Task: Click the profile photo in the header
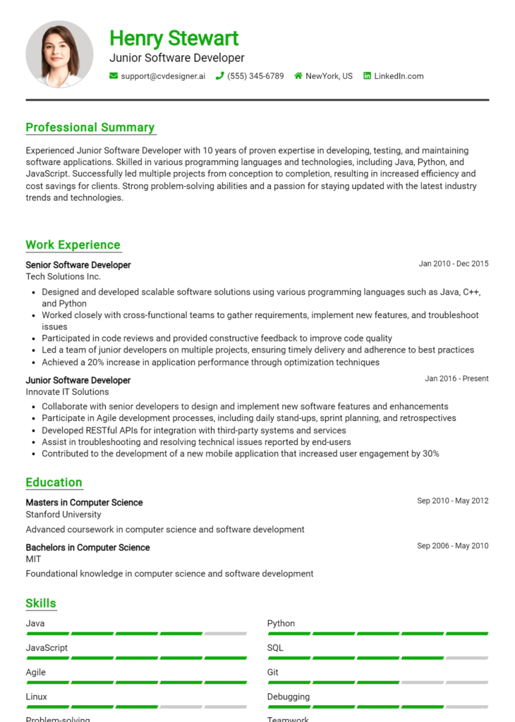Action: pos(59,54)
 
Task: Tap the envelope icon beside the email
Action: pos(114,76)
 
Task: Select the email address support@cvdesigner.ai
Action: pos(163,76)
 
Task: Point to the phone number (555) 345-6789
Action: pos(255,76)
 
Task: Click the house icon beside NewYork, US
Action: pos(298,76)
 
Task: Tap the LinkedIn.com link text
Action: pos(399,76)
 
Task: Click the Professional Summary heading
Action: pos(90,128)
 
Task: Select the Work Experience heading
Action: pos(73,245)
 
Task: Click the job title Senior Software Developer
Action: pos(78,265)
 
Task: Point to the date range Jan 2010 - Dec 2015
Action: pos(453,264)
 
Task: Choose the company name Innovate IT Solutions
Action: pos(67,392)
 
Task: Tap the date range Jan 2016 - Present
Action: pos(456,379)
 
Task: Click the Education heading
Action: pos(54,482)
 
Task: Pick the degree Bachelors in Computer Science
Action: pos(87,547)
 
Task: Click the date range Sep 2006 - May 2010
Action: pos(452,546)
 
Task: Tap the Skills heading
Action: pos(41,603)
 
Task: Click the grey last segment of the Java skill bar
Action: pos(226,634)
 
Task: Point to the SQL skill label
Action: pos(275,648)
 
